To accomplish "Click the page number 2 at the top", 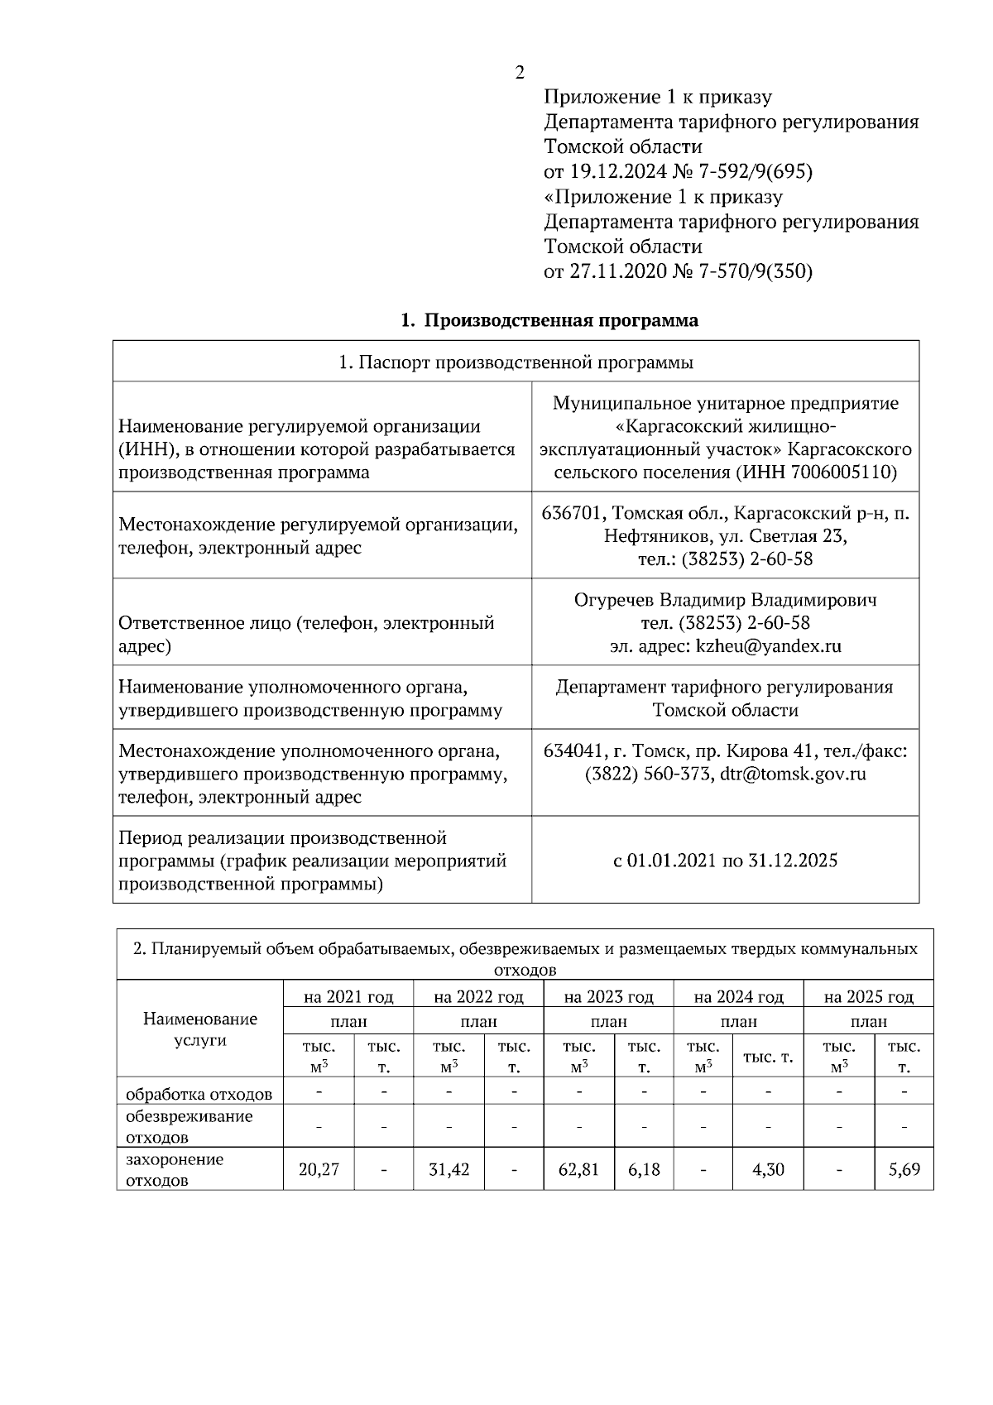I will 520,73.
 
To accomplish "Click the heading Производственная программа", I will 560,320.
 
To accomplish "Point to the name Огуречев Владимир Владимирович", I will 725,599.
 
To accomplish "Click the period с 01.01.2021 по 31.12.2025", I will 725,861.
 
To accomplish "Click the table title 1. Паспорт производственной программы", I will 516,362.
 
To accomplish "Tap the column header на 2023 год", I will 608,996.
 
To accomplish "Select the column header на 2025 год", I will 868,996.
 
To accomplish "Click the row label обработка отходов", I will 199,1094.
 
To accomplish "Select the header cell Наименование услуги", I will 200,1029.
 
